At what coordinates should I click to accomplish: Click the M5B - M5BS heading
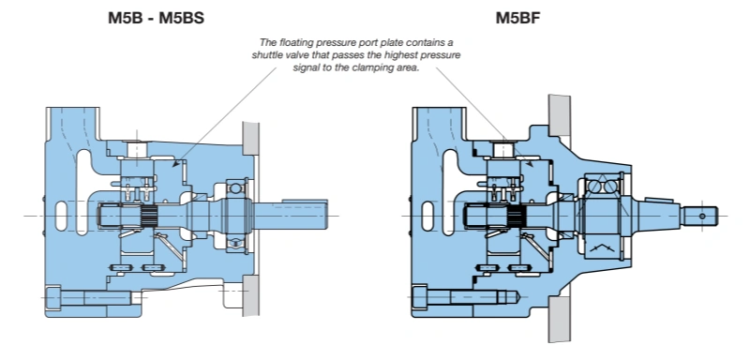[x=156, y=18]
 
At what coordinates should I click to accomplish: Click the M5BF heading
[x=517, y=18]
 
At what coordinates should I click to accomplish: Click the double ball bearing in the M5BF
[x=602, y=187]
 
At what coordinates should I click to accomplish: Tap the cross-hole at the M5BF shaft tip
[x=702, y=217]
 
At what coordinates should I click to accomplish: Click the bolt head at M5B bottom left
[x=53, y=297]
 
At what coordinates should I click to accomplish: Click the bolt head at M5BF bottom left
[x=419, y=297]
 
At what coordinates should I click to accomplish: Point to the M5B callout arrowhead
[x=175, y=164]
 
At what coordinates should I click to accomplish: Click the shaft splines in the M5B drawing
[x=151, y=217]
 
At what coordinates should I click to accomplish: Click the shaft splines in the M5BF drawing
[x=517, y=217]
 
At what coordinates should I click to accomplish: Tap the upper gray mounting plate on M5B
[x=250, y=138]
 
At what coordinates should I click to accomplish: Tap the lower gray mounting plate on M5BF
[x=560, y=319]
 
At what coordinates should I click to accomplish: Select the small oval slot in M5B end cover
[x=61, y=216]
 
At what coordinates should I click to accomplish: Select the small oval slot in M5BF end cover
[x=427, y=216]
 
